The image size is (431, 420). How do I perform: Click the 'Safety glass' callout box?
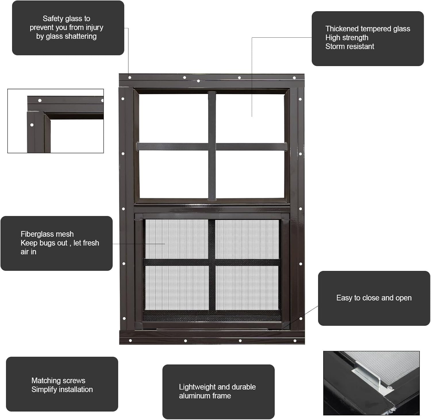[68, 28]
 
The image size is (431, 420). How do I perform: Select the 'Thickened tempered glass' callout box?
[367, 38]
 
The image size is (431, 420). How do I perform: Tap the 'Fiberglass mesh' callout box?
[56, 243]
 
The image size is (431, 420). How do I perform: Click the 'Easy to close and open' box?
[374, 298]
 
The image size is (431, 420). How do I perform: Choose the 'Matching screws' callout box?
[62, 384]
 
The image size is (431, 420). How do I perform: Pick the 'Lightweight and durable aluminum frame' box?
[218, 391]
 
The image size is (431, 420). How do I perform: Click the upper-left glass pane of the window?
[173, 118]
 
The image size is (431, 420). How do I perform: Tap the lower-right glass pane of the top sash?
[250, 174]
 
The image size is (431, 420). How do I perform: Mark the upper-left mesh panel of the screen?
[176, 239]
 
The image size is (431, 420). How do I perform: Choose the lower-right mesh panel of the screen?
[247, 288]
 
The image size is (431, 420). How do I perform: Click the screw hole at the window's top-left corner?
[130, 78]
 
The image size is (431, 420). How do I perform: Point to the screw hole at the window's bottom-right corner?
[295, 341]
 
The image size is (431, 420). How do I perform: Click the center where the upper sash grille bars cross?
[212, 147]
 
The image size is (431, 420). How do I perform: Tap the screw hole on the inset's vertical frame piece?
[32, 125]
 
